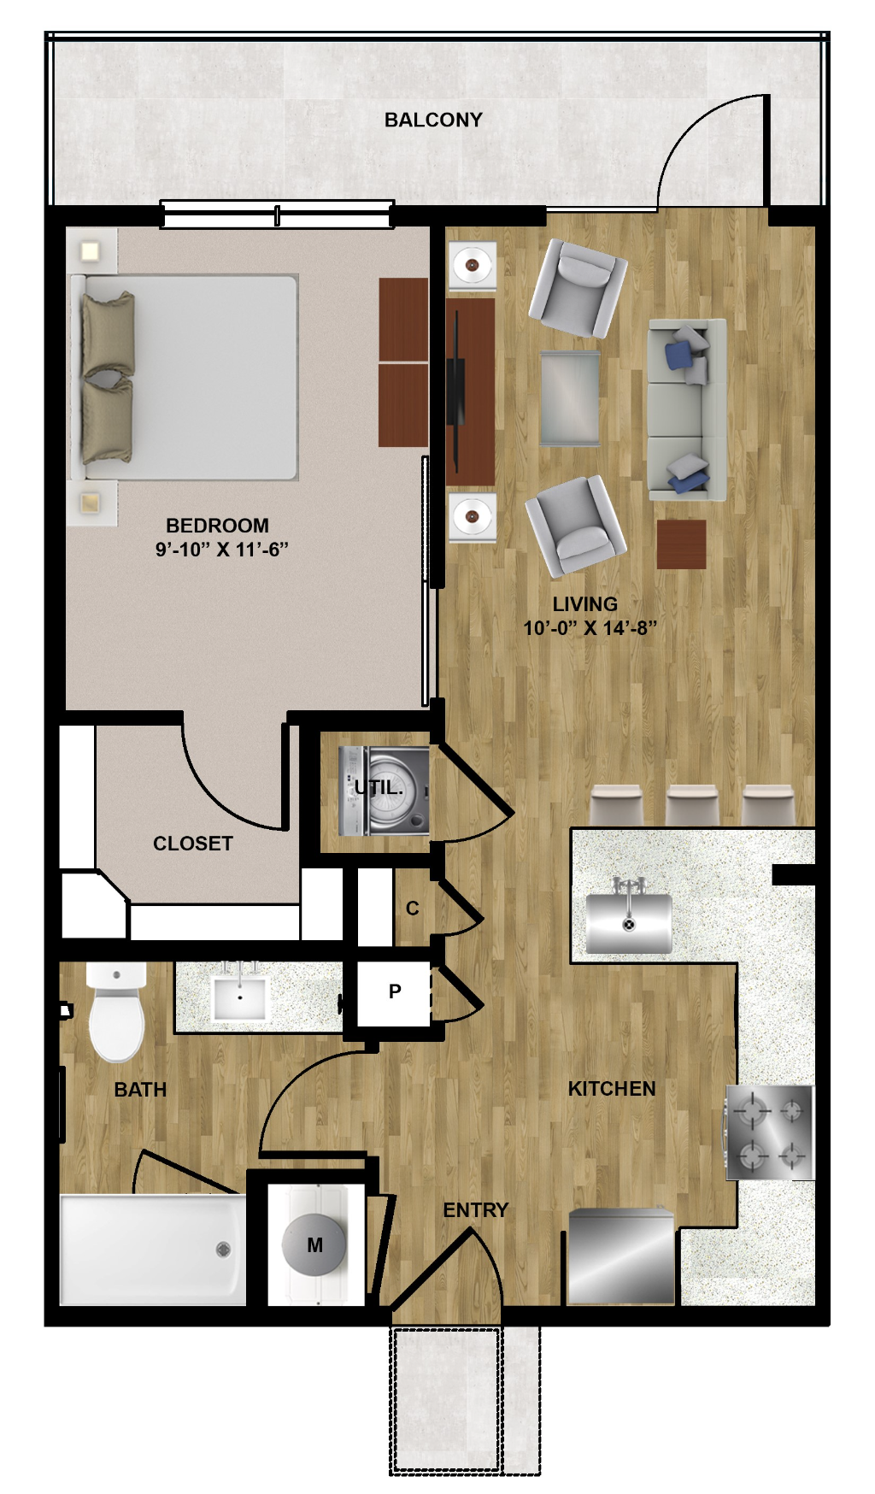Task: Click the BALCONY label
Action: (433, 120)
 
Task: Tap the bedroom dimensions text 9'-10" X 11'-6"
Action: (222, 549)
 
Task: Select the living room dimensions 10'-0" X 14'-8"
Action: (590, 628)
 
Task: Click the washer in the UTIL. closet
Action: (384, 791)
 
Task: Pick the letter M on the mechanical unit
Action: (314, 1245)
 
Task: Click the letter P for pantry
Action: (395, 991)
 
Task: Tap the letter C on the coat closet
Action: (413, 909)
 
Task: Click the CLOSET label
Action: (193, 844)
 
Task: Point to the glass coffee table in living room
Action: (570, 398)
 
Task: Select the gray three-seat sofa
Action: (687, 409)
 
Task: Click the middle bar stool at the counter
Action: (692, 805)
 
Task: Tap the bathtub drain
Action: (223, 1250)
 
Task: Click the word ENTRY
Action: (476, 1210)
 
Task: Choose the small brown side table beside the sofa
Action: (682, 544)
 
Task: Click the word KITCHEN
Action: (612, 1089)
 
